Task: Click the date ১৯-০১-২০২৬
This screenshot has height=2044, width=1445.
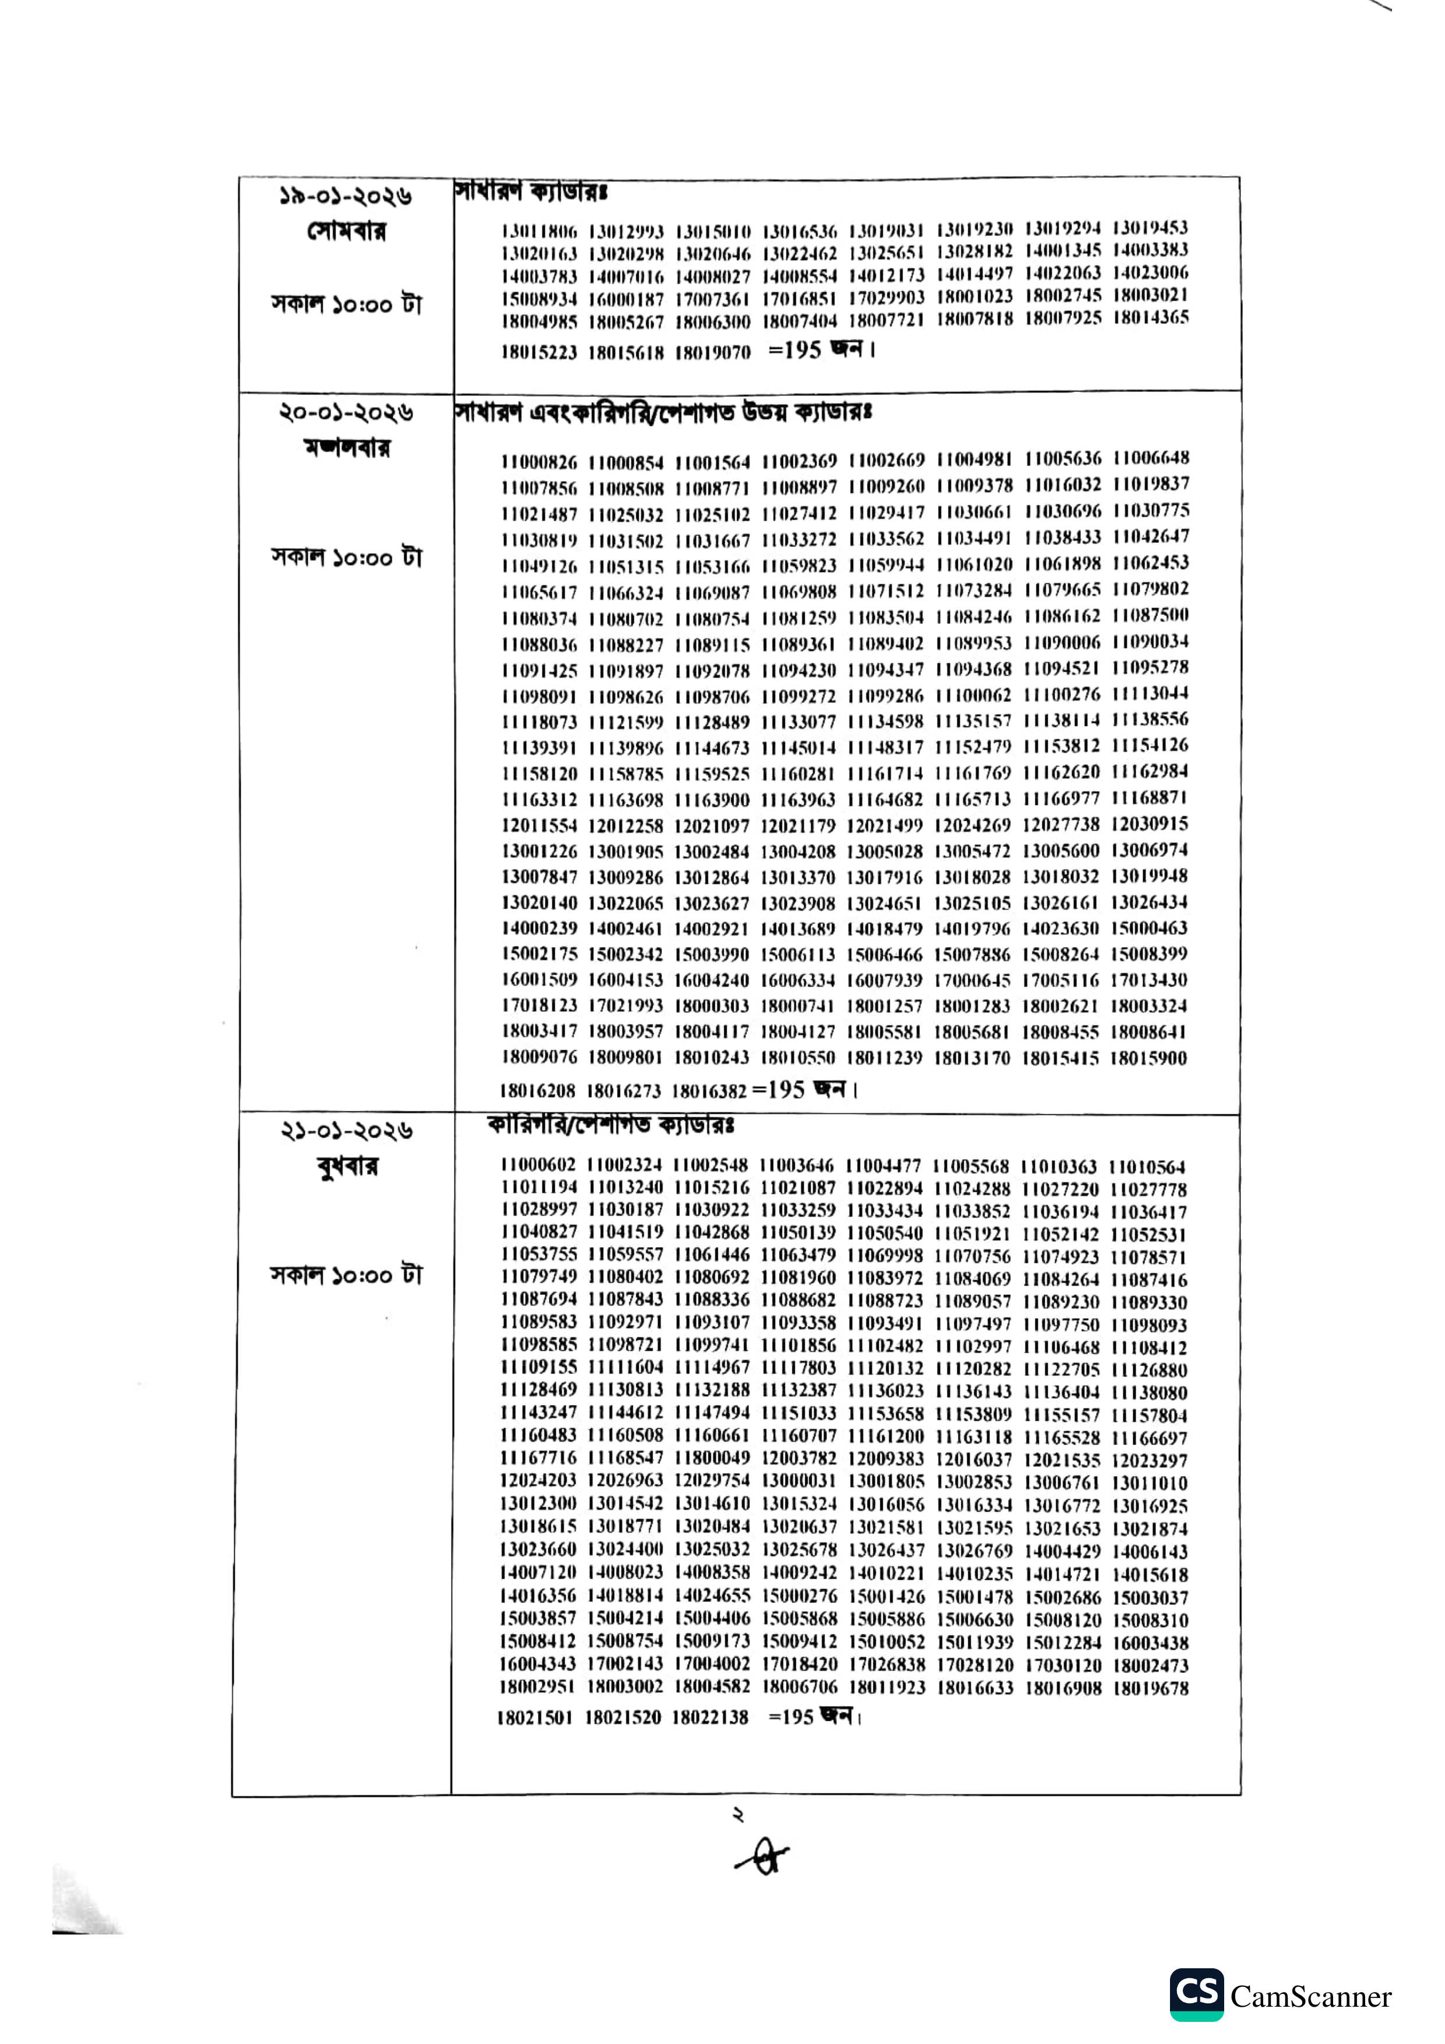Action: pyautogui.click(x=346, y=196)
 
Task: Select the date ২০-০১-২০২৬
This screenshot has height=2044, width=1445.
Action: pyautogui.click(x=346, y=413)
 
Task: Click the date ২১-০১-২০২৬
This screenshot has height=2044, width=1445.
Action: pyautogui.click(x=346, y=1131)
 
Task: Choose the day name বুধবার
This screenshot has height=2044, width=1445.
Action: pyautogui.click(x=347, y=1166)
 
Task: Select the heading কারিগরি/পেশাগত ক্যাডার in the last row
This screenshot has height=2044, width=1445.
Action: pyautogui.click(x=610, y=1125)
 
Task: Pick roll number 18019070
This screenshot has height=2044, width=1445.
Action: pyautogui.click(x=712, y=352)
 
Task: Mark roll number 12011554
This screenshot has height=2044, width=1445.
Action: pyautogui.click(x=538, y=826)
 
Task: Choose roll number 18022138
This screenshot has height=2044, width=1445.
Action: pyautogui.click(x=710, y=1717)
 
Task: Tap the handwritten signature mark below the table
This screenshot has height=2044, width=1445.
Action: pyautogui.click(x=762, y=1859)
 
